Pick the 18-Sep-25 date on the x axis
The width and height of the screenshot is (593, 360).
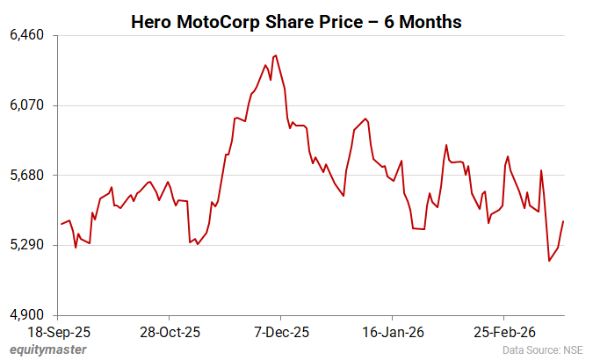pyautogui.click(x=59, y=333)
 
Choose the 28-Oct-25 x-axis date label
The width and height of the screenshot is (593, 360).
pyautogui.click(x=171, y=333)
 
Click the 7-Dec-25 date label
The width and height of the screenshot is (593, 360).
pyautogui.click(x=281, y=333)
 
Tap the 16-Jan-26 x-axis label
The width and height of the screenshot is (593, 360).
pyautogui.click(x=393, y=333)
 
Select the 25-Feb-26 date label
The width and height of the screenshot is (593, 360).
pyautogui.click(x=504, y=333)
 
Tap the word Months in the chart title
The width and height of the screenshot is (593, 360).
pyautogui.click(x=430, y=21)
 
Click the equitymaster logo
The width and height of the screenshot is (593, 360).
pyautogui.click(x=48, y=349)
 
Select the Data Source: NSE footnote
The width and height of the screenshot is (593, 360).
pyautogui.click(x=543, y=349)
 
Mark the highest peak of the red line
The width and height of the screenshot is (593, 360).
pyautogui.click(x=277, y=55)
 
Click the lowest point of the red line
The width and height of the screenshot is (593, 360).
pyautogui.click(x=549, y=261)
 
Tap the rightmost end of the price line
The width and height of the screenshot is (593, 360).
pyautogui.click(x=563, y=221)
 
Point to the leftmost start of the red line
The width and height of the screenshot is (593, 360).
pyautogui.click(x=61, y=224)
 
